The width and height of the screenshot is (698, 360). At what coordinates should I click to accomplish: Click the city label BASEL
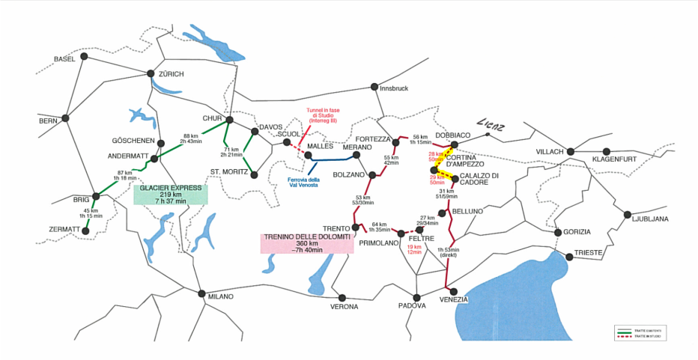(x=65, y=59)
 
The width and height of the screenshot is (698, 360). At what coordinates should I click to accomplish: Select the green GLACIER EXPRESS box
(x=170, y=195)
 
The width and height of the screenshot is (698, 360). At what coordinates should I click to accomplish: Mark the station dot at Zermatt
(x=85, y=231)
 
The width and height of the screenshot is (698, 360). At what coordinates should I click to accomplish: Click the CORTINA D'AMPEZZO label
(x=465, y=161)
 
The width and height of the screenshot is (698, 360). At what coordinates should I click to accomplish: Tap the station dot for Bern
(x=67, y=118)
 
